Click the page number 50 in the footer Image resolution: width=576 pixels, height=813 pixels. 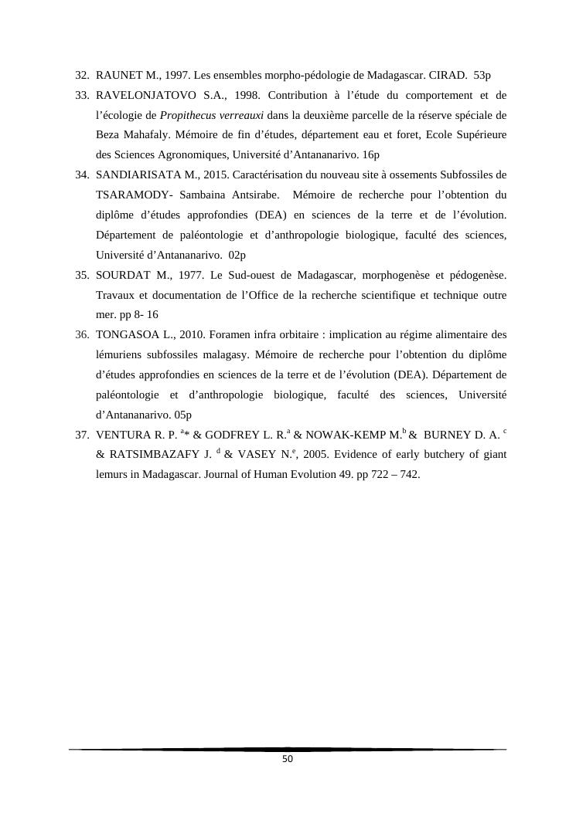click(x=288, y=759)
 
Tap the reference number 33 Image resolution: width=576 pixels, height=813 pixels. click(x=81, y=96)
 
